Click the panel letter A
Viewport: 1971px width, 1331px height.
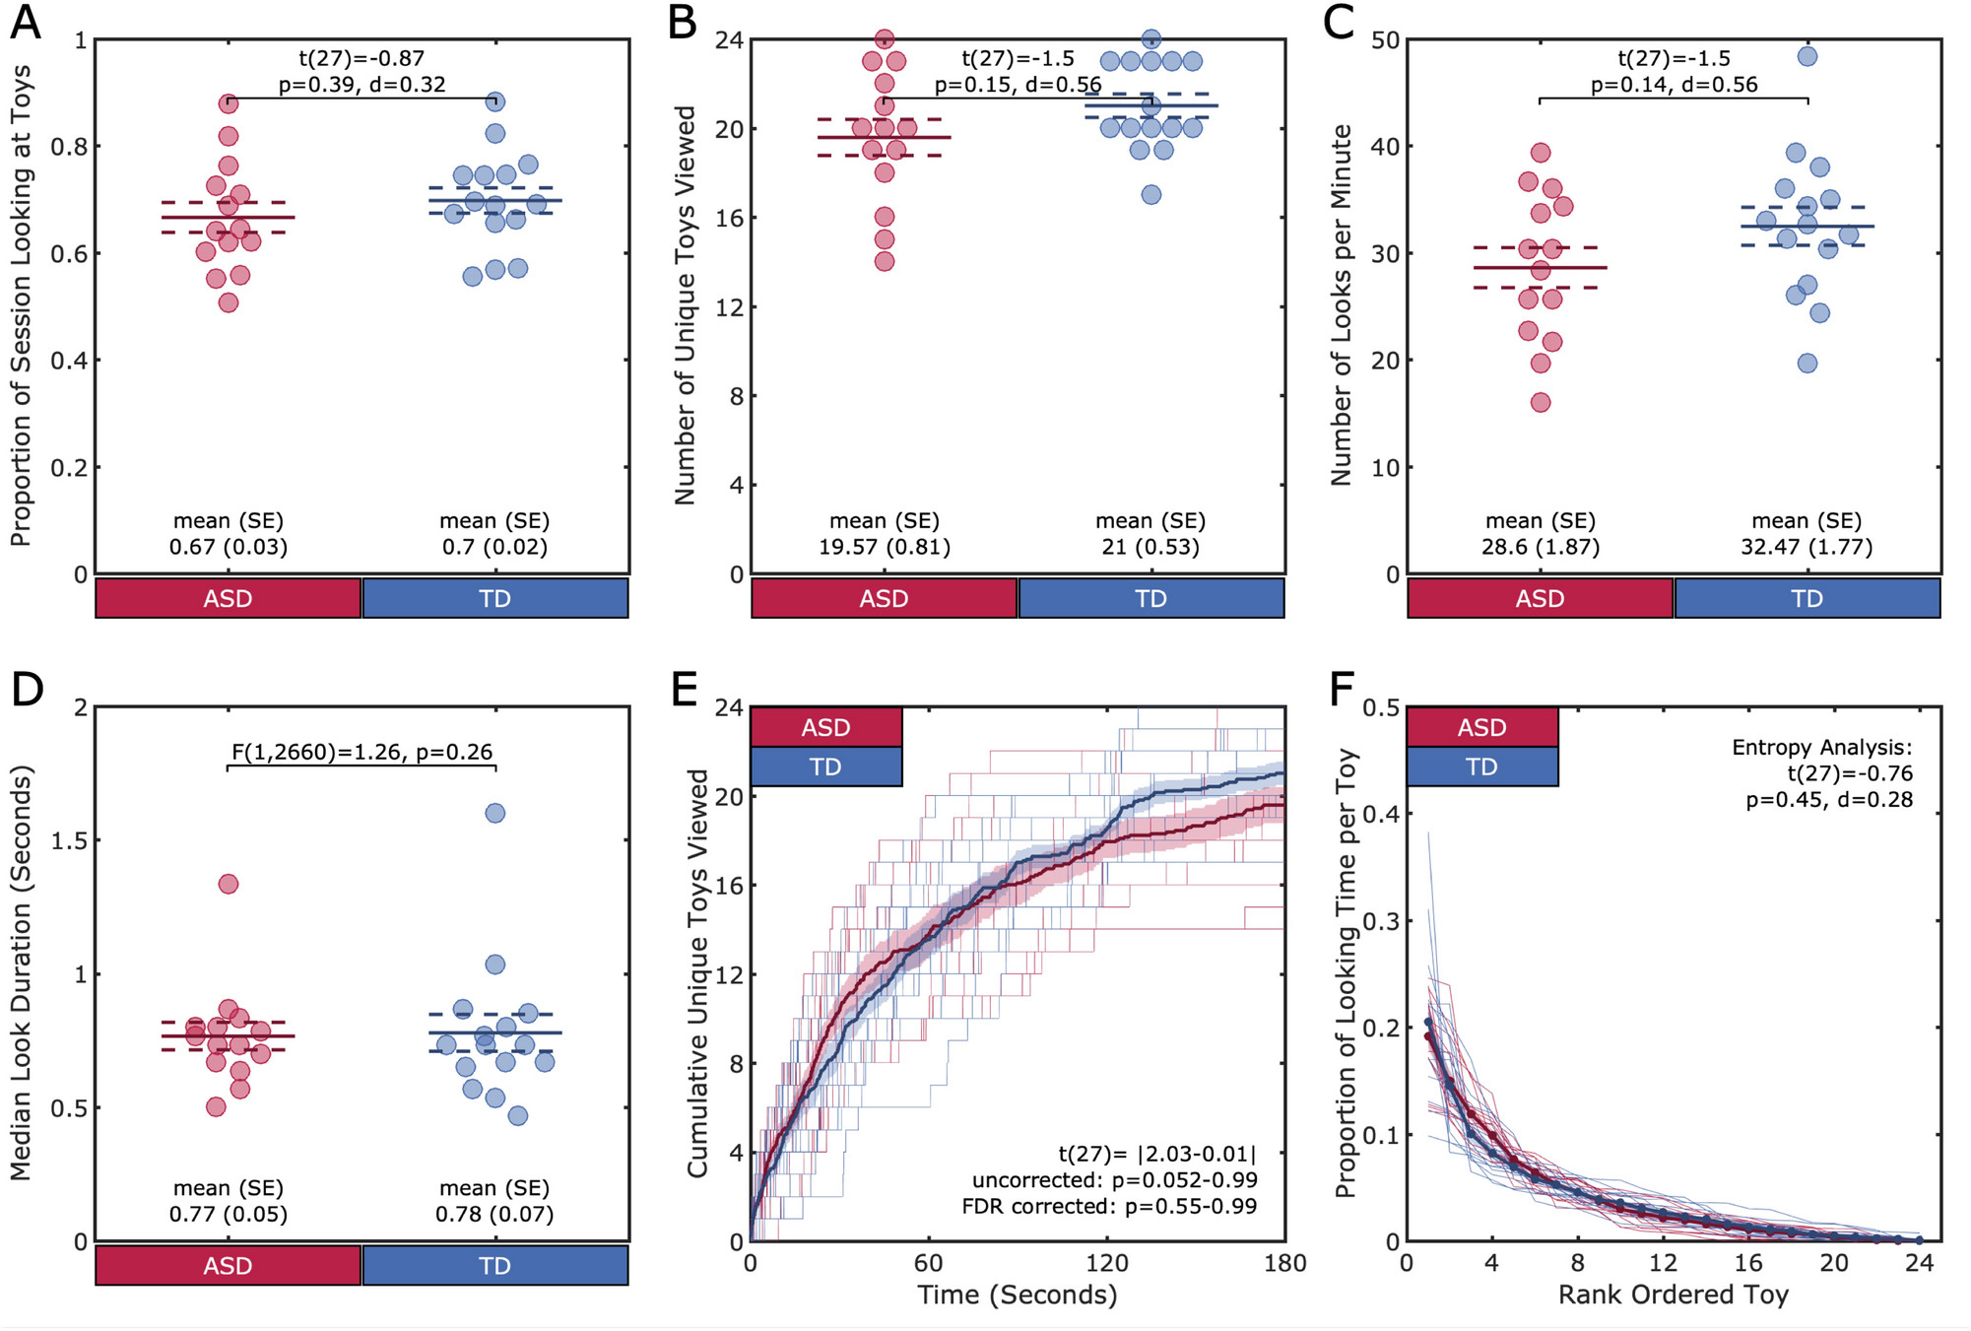coord(26,22)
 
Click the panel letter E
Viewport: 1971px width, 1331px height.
coord(684,689)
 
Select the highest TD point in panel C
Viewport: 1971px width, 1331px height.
coord(1807,56)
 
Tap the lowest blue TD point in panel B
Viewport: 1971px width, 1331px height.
coord(1150,194)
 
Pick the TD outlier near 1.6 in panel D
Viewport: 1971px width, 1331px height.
coord(494,813)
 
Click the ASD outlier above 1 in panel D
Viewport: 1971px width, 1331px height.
coord(228,884)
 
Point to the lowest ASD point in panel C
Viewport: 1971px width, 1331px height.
coord(1541,402)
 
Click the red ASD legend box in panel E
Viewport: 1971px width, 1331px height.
coord(825,727)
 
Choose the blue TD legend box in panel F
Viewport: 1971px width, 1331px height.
coord(1481,766)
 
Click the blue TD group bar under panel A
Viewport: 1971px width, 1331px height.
coord(494,598)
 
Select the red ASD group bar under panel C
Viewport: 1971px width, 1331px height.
coord(1540,598)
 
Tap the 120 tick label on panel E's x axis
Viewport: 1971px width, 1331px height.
coord(1106,1263)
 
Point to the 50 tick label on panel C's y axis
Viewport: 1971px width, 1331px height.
coord(1385,40)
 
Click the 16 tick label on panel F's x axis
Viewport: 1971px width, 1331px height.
coord(1747,1263)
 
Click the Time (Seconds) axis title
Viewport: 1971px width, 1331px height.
coord(1017,1295)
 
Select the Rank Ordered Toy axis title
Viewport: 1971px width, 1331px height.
coord(1673,1295)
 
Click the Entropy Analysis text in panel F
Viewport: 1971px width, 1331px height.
coord(1821,747)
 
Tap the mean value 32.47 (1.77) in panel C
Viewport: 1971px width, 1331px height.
coord(1806,547)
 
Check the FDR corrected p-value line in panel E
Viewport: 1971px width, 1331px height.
coord(1109,1206)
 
